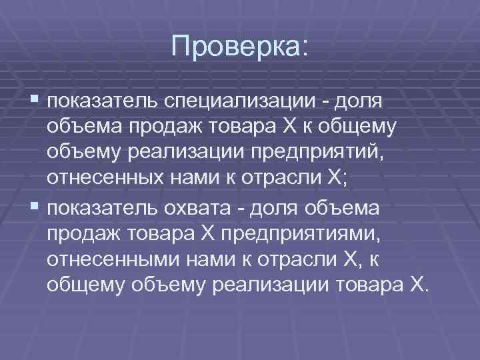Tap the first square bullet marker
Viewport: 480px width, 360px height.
click(35, 101)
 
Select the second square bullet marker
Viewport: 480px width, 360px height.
click(35, 207)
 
